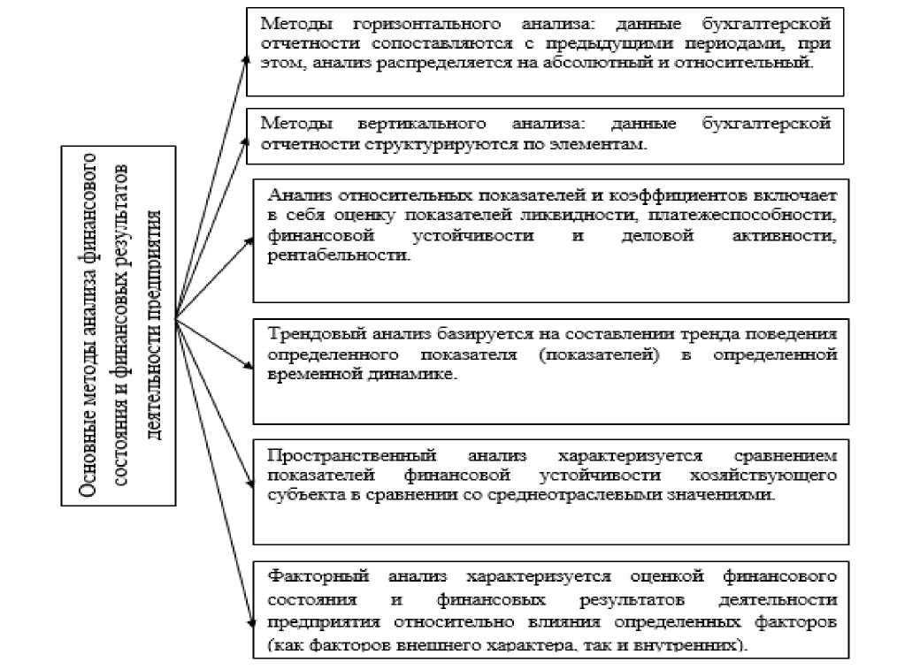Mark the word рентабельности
coord(340,255)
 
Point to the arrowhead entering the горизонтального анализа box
coord(247,57)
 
